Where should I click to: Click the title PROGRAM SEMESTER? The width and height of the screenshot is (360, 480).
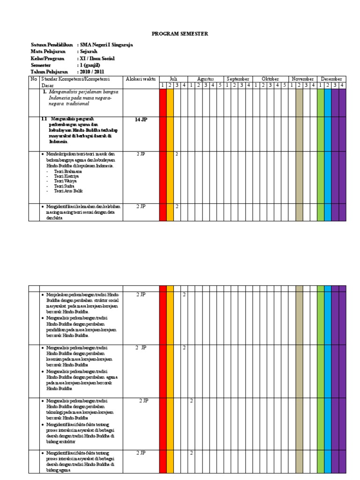tap(180, 34)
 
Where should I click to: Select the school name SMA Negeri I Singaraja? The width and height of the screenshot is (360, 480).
tap(106, 45)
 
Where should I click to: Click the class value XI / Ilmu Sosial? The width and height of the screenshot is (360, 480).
tap(97, 59)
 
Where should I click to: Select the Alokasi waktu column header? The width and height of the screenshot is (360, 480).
tap(140, 79)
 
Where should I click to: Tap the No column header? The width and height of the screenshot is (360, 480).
tap(34, 79)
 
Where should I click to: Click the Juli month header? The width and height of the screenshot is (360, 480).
tap(173, 79)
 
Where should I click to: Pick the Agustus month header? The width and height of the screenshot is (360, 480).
tap(205, 79)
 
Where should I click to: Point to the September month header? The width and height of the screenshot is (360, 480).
tap(238, 79)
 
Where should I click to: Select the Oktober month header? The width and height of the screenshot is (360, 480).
tap(270, 79)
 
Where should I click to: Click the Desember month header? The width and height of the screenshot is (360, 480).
tap(331, 79)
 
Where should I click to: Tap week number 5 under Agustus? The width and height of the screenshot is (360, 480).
tap(220, 85)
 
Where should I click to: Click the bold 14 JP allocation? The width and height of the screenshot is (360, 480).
tap(141, 120)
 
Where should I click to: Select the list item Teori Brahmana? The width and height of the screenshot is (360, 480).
tap(68, 172)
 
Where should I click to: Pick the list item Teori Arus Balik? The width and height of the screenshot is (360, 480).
tap(69, 191)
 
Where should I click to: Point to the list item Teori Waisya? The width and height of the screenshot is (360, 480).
tap(67, 181)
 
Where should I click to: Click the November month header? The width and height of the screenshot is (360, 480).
tap(303, 79)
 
